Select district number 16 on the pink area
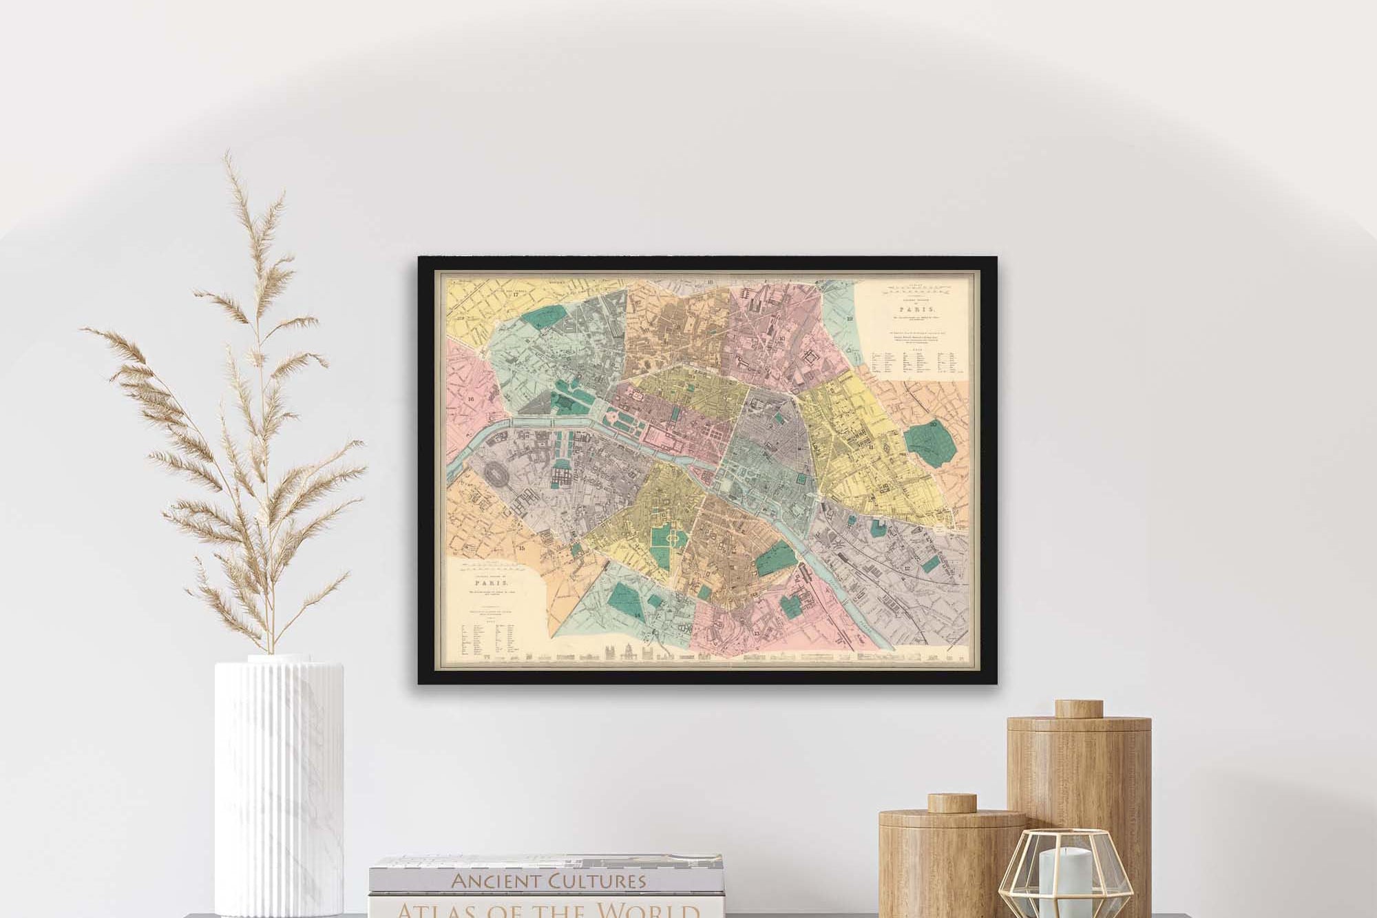pos(471,399)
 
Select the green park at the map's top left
pos(543,317)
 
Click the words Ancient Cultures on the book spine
pos(548,880)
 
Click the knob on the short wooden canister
pos(952,803)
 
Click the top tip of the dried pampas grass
pos(228,154)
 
